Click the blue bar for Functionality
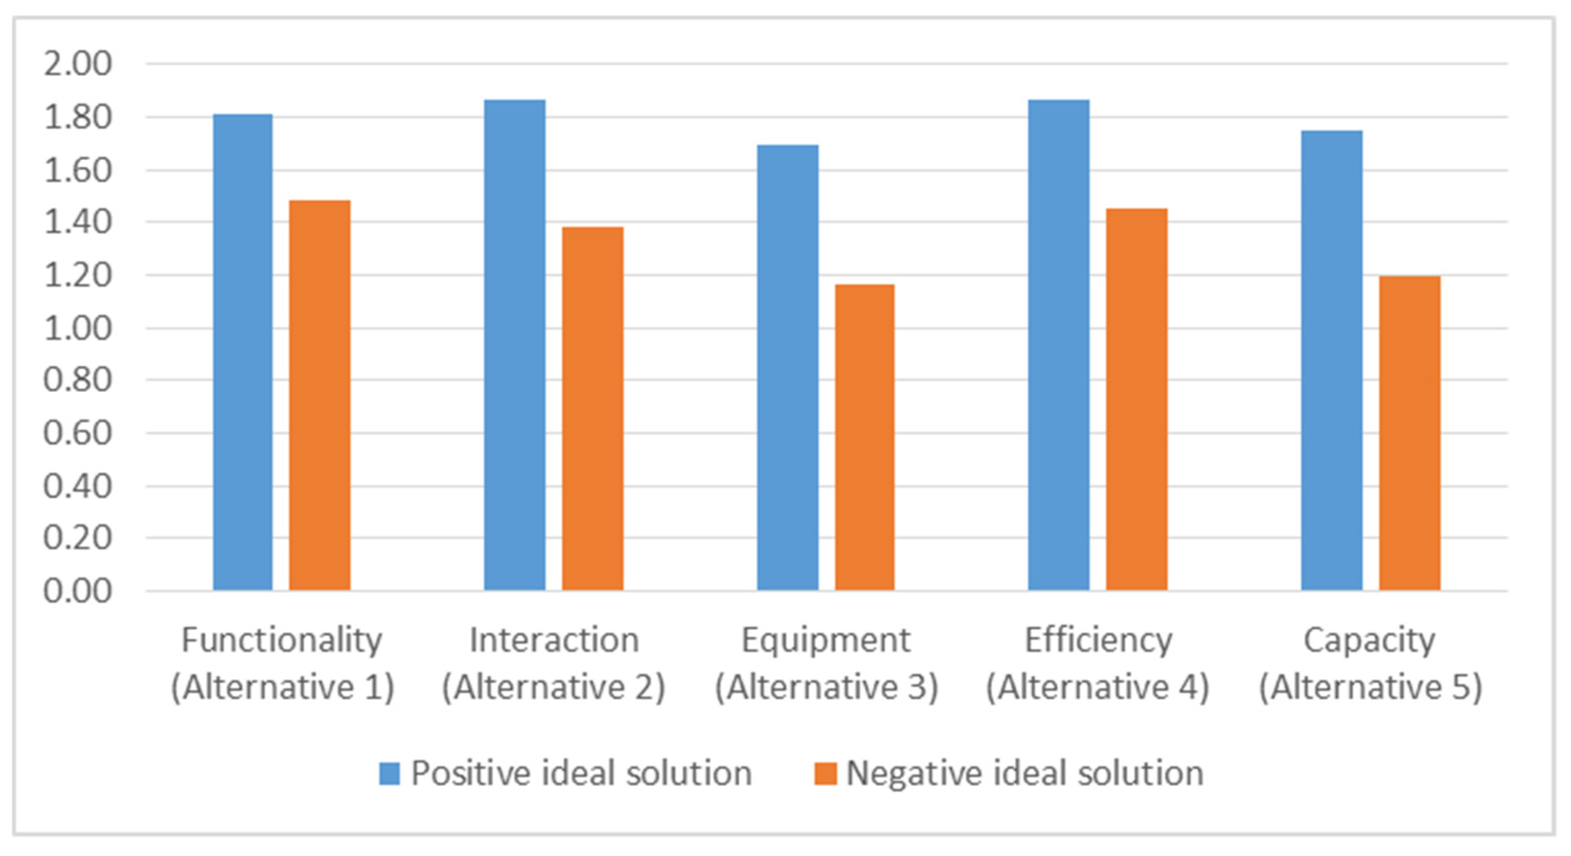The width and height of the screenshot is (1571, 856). click(243, 352)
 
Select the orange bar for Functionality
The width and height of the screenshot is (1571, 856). click(320, 395)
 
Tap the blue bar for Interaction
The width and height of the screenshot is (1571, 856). click(515, 345)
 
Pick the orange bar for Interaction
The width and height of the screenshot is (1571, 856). click(592, 408)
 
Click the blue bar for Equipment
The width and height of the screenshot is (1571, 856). click(788, 368)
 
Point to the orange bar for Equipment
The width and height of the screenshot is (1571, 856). click(864, 437)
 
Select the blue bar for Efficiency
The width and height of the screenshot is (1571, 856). click(1059, 345)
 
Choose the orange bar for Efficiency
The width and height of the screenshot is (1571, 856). click(1136, 400)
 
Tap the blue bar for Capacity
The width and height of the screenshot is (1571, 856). click(1331, 361)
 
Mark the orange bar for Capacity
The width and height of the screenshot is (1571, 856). click(1409, 433)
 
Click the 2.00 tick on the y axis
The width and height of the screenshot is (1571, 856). click(77, 64)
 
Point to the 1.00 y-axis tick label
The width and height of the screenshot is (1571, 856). click(77, 329)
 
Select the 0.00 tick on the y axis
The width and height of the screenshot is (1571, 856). click(77, 591)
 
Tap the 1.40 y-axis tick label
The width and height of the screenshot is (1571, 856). click(77, 222)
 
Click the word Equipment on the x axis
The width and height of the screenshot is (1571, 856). click(826, 640)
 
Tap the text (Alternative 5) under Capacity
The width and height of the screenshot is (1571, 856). click(1370, 688)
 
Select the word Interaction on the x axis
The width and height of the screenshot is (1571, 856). click(554, 640)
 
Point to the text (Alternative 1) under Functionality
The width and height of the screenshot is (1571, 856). click(282, 688)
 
